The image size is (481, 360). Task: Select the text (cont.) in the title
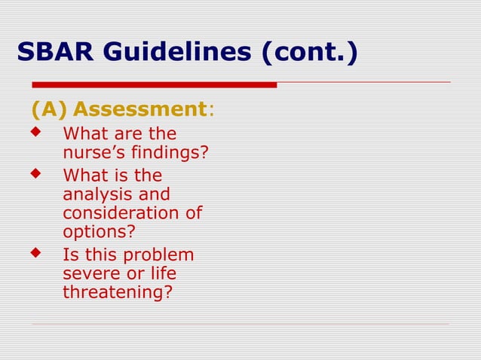(x=310, y=53)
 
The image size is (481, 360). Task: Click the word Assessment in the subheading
(x=139, y=110)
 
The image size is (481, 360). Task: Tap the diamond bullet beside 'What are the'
(x=33, y=133)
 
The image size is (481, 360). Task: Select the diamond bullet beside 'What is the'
(x=33, y=174)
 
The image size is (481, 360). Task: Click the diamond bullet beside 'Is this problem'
(x=33, y=252)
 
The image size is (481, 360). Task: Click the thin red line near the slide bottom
(x=241, y=324)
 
